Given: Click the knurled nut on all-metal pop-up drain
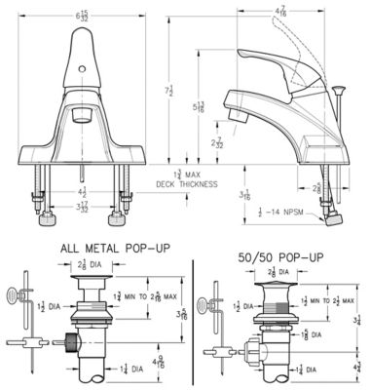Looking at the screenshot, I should click(x=71, y=344).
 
